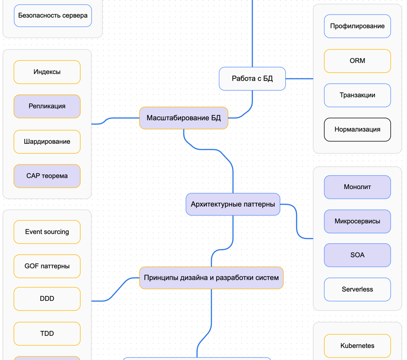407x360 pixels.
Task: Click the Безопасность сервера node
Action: (x=53, y=15)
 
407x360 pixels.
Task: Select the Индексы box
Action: (x=47, y=72)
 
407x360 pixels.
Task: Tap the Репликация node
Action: (x=47, y=106)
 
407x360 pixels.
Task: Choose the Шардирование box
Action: (x=47, y=142)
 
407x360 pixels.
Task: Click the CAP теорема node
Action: (x=47, y=176)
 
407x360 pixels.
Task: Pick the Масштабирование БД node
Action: (x=183, y=118)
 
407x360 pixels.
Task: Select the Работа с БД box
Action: (x=252, y=79)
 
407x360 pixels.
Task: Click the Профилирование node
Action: (x=357, y=26)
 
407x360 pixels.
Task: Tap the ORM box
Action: (x=357, y=61)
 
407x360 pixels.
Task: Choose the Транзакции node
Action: (x=357, y=95)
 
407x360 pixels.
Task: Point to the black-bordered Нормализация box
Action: (x=357, y=130)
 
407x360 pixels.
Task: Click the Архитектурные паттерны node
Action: (x=233, y=204)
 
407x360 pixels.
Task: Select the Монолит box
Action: (x=357, y=187)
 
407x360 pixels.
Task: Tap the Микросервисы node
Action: (x=357, y=221)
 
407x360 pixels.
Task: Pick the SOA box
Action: (x=357, y=255)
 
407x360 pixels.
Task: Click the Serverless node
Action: (x=357, y=289)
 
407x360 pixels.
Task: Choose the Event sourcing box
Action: (x=47, y=232)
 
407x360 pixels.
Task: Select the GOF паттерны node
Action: (x=47, y=266)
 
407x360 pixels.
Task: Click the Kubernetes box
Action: (x=357, y=345)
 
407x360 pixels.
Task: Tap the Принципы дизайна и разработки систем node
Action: (x=211, y=278)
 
